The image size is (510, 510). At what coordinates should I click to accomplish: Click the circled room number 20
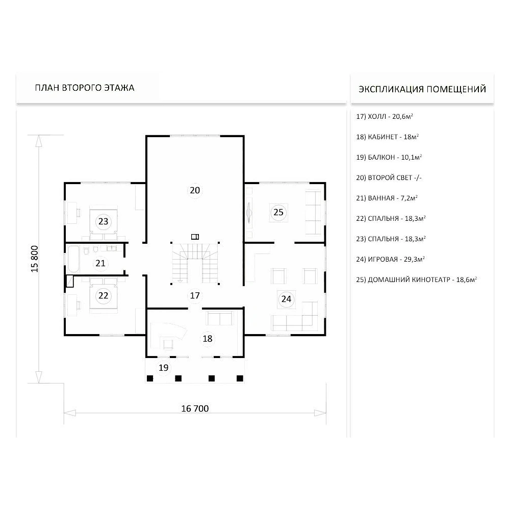[195, 190]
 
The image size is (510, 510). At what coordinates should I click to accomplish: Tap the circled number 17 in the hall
[195, 295]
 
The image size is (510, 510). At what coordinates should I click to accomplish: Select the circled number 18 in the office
[208, 339]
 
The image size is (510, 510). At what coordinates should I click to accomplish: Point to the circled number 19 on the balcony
[163, 368]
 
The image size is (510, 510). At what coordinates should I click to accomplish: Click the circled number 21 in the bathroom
[100, 263]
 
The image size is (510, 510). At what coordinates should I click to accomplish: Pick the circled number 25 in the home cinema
[278, 212]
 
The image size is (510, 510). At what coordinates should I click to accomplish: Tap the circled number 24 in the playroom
[286, 299]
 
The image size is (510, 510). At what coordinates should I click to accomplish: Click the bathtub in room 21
[73, 259]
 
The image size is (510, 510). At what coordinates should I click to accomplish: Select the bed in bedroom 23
[104, 222]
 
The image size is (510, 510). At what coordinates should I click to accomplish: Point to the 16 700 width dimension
[195, 409]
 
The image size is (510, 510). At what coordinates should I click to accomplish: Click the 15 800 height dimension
[35, 259]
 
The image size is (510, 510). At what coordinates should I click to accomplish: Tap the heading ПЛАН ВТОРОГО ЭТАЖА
[85, 88]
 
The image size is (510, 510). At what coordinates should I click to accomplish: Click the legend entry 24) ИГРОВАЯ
[390, 259]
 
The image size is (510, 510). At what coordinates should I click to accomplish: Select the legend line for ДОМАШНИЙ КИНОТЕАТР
[416, 279]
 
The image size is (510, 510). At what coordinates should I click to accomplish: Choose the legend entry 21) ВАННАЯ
[387, 198]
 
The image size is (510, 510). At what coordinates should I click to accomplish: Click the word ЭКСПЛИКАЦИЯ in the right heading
[391, 89]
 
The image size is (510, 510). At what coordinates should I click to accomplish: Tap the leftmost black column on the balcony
[150, 378]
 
